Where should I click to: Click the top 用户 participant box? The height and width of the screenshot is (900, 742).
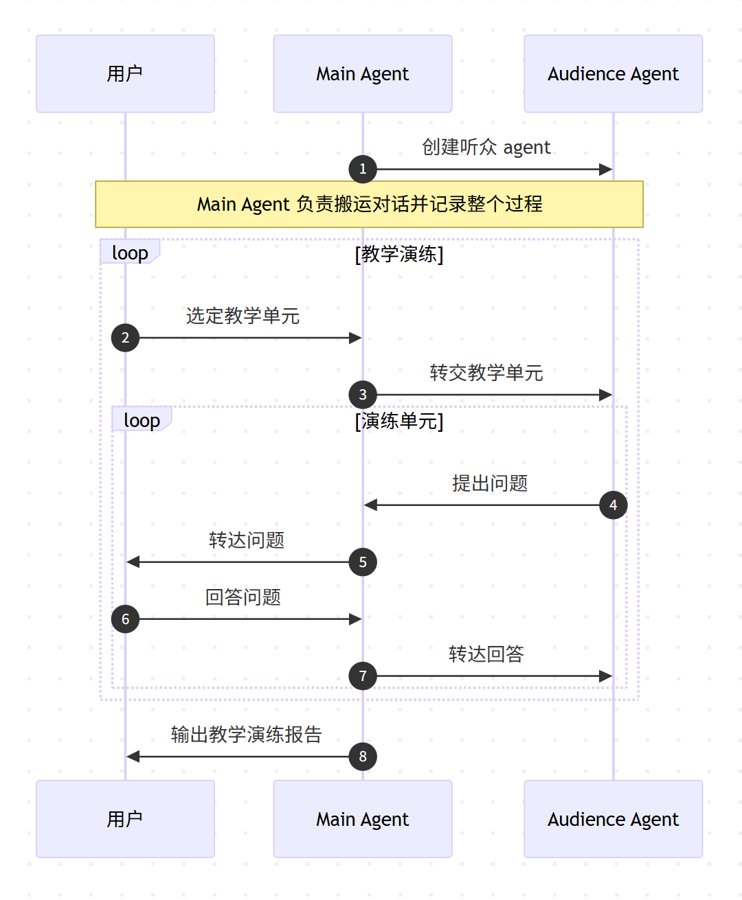click(x=125, y=73)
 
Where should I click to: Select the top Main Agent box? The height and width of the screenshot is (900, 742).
click(x=362, y=73)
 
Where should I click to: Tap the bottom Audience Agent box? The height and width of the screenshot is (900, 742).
click(x=613, y=818)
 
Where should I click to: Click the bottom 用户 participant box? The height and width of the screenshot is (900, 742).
click(x=125, y=818)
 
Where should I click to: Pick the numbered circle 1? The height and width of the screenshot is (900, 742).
click(x=363, y=169)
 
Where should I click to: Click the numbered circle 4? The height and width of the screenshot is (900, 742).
click(x=613, y=505)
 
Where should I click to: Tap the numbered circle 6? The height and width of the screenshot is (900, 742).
click(x=125, y=619)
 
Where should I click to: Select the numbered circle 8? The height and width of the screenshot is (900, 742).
click(x=363, y=757)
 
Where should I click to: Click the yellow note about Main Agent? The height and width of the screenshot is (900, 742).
click(x=369, y=204)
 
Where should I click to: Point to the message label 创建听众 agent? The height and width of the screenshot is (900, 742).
click(x=486, y=147)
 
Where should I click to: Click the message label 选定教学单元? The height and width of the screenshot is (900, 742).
click(x=243, y=316)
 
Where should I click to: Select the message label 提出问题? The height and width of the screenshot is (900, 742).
click(x=489, y=483)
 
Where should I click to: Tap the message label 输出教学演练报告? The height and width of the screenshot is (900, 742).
click(x=246, y=735)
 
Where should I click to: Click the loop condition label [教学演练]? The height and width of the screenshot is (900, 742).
click(x=399, y=254)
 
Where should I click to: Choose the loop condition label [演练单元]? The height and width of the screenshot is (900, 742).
click(x=399, y=421)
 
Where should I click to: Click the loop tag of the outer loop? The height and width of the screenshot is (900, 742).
click(x=129, y=252)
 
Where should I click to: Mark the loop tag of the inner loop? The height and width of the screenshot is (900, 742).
click(x=142, y=419)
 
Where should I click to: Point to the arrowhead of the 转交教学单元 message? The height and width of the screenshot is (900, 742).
click(x=605, y=395)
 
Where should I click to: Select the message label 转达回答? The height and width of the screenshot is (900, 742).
click(x=486, y=654)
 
